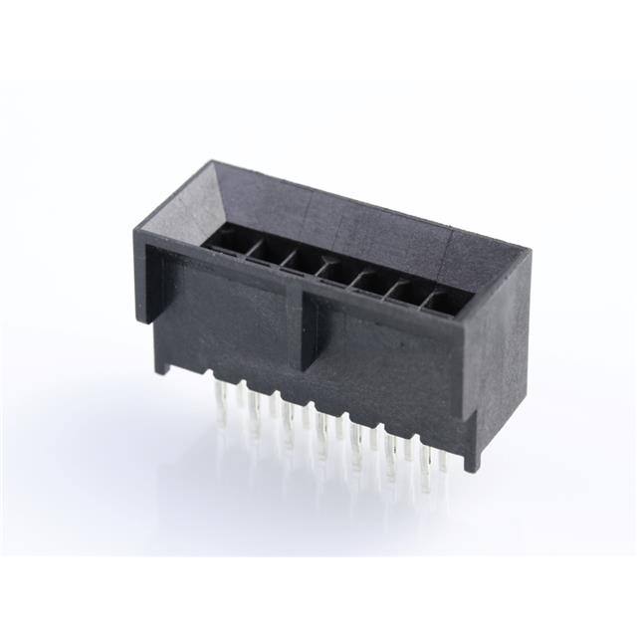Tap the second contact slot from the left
pyautogui.click(x=263, y=251)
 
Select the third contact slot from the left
pyautogui.click(x=297, y=260)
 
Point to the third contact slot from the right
pyautogui.click(x=367, y=280)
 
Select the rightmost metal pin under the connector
pyautogui.click(x=443, y=478)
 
